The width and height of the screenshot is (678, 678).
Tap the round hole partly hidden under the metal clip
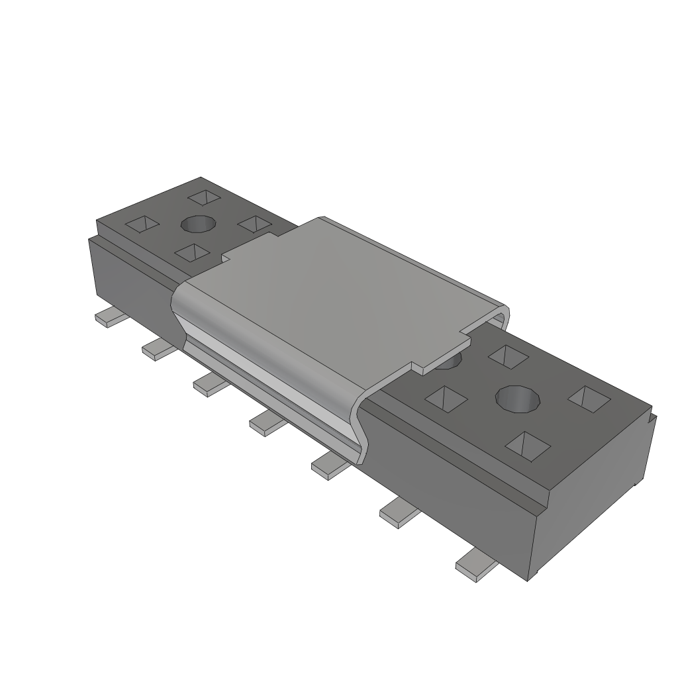tap(450, 362)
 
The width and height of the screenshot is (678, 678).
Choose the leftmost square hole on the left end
tap(143, 224)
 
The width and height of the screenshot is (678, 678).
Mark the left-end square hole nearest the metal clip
tap(254, 224)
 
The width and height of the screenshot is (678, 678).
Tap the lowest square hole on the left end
tap(191, 252)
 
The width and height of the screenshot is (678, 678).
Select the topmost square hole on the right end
tap(508, 356)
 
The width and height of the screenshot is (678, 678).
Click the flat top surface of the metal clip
tap(331, 291)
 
